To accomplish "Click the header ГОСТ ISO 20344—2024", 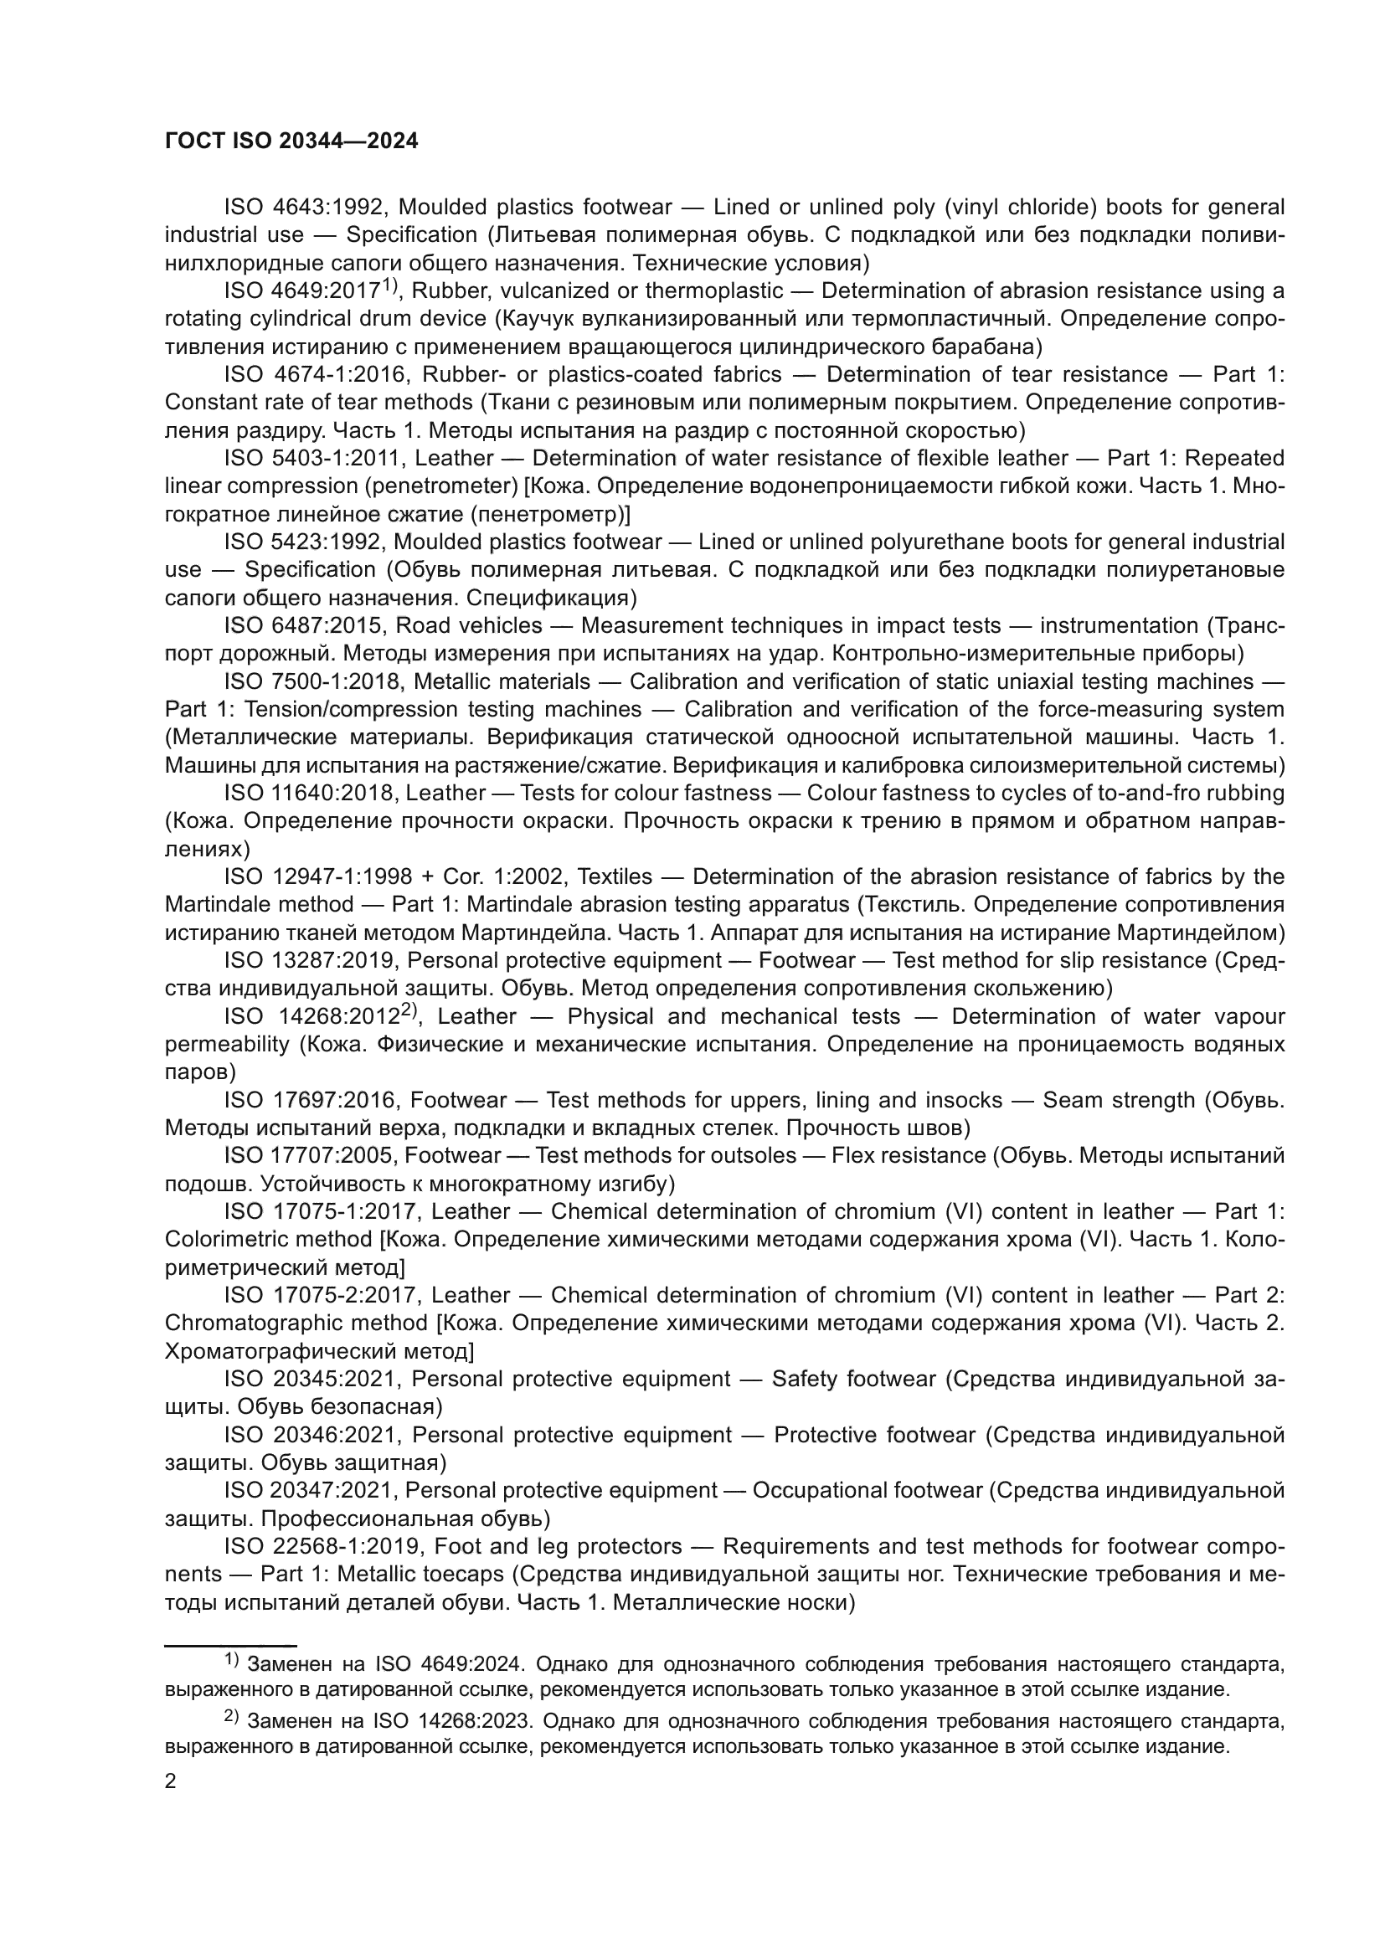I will coord(291,141).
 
